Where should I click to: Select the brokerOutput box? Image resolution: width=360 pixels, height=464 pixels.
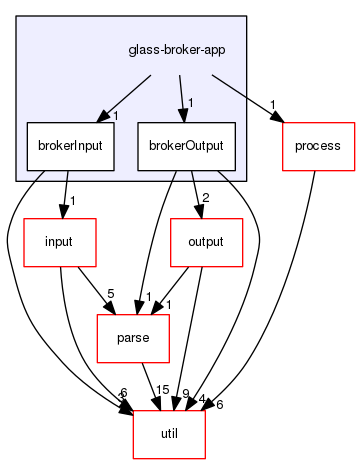[x=185, y=146]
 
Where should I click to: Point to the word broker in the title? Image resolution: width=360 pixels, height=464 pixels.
[x=170, y=50]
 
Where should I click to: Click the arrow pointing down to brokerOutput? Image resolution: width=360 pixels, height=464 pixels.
[x=181, y=95]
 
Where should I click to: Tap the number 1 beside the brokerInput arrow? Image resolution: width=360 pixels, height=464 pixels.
[x=117, y=116]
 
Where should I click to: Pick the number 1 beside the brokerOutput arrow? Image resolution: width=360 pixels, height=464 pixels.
[x=190, y=103]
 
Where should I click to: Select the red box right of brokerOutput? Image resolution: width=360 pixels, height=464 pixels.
[x=319, y=146]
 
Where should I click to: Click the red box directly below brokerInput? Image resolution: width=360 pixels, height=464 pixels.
[x=59, y=242]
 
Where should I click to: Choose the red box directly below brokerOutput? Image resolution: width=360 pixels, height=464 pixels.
[x=206, y=242]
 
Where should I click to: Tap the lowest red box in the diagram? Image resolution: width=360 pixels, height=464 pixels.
[x=168, y=434]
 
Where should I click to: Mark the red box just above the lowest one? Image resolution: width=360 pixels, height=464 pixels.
[x=132, y=338]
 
